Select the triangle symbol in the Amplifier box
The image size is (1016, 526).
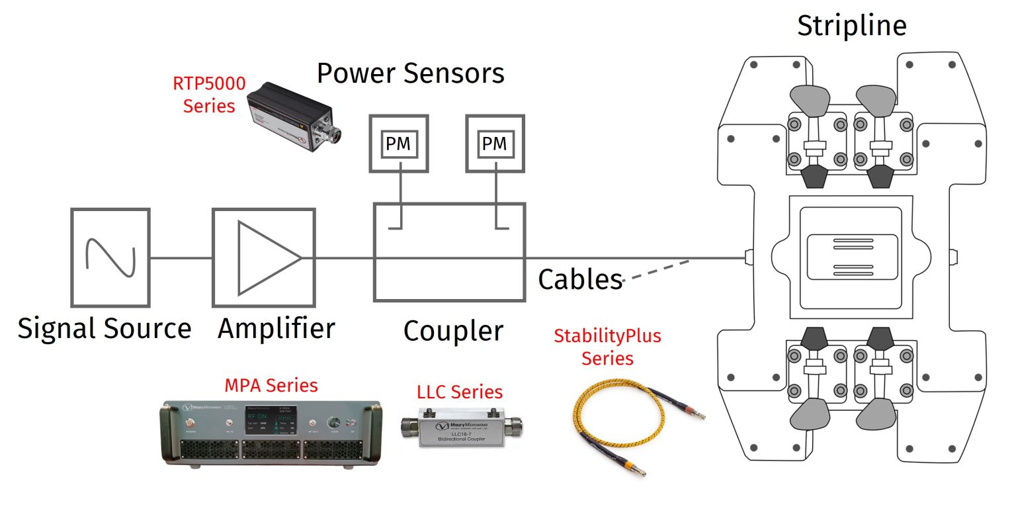click(x=265, y=257)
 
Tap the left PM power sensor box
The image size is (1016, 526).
click(x=398, y=144)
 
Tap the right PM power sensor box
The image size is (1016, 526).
click(x=495, y=144)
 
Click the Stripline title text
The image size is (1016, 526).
click(x=851, y=26)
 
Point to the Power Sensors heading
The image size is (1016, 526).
click(x=410, y=73)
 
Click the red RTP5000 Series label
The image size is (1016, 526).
click(x=209, y=95)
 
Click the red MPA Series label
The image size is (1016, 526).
click(x=271, y=385)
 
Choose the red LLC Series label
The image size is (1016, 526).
click(x=459, y=392)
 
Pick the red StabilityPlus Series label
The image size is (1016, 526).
click(x=607, y=347)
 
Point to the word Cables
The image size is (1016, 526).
click(x=580, y=279)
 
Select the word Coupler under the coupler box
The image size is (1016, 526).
click(x=453, y=331)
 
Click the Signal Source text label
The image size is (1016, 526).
click(x=105, y=328)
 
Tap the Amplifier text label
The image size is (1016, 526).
click(x=276, y=328)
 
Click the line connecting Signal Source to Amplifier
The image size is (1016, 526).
click(x=181, y=258)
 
